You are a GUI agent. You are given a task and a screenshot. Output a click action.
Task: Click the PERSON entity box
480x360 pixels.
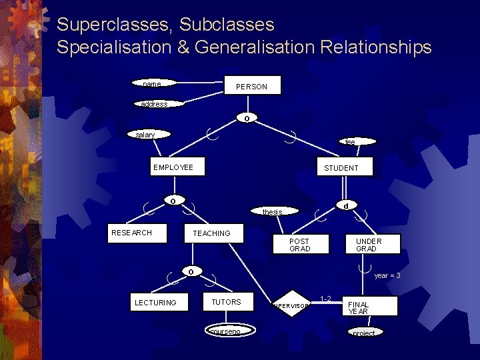pyautogui.click(x=251, y=86)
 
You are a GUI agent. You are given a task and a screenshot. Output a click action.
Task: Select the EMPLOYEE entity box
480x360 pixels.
pyautogui.click(x=173, y=167)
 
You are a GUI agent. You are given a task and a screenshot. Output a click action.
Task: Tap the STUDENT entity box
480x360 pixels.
pyautogui.click(x=341, y=168)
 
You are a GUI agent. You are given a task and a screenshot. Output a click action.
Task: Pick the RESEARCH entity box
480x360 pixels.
pyautogui.click(x=132, y=233)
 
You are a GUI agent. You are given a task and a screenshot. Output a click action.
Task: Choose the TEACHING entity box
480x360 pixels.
pyautogui.click(x=212, y=233)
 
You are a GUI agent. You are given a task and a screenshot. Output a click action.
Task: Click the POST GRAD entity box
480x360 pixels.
pyautogui.click(x=299, y=245)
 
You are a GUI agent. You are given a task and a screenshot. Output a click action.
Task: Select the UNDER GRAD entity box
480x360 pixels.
pyautogui.click(x=368, y=245)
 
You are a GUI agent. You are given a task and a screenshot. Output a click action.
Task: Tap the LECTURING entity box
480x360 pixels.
pyautogui.click(x=156, y=303)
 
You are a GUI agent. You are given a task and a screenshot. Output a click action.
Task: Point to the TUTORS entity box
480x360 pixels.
pyautogui.click(x=227, y=302)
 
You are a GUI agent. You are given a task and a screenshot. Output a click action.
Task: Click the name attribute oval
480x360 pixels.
pyautogui.click(x=153, y=84)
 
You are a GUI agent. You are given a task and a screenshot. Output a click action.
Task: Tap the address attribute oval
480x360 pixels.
pyautogui.click(x=154, y=104)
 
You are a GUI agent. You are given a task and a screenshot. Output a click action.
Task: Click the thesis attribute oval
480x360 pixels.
pyautogui.click(x=272, y=212)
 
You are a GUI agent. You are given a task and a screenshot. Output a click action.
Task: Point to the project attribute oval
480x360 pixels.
pyautogui.click(x=364, y=333)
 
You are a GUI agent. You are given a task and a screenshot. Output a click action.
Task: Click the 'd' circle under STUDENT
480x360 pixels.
pyautogui.click(x=345, y=206)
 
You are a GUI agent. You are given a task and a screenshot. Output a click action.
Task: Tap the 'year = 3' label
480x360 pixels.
pyautogui.click(x=387, y=276)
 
